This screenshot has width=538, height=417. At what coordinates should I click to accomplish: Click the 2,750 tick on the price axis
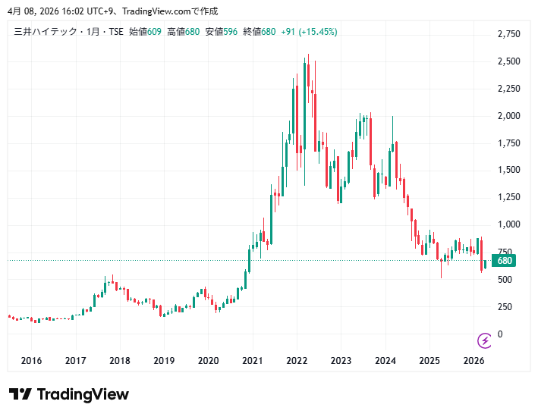(x=508, y=34)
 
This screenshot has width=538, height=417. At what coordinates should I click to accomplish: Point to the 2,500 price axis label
(x=508, y=61)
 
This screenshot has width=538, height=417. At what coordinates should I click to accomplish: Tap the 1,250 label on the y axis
(x=508, y=197)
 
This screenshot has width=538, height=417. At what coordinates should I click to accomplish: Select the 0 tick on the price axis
(x=499, y=334)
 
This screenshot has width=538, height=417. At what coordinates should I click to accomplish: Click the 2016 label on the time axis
(x=31, y=361)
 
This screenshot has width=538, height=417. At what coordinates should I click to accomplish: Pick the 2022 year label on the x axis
(x=297, y=361)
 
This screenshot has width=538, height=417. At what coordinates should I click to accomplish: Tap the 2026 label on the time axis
(x=474, y=361)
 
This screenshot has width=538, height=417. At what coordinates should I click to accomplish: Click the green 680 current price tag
(x=503, y=261)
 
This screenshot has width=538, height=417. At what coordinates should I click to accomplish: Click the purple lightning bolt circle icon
(x=484, y=340)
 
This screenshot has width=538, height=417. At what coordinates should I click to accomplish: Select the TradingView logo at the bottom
(x=69, y=394)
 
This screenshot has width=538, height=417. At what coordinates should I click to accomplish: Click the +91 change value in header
(x=288, y=32)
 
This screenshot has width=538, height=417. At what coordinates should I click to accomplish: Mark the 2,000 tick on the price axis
(x=508, y=116)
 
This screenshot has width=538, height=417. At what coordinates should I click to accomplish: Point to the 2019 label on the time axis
(x=164, y=361)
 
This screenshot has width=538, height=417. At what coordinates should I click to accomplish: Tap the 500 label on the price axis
(x=505, y=280)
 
